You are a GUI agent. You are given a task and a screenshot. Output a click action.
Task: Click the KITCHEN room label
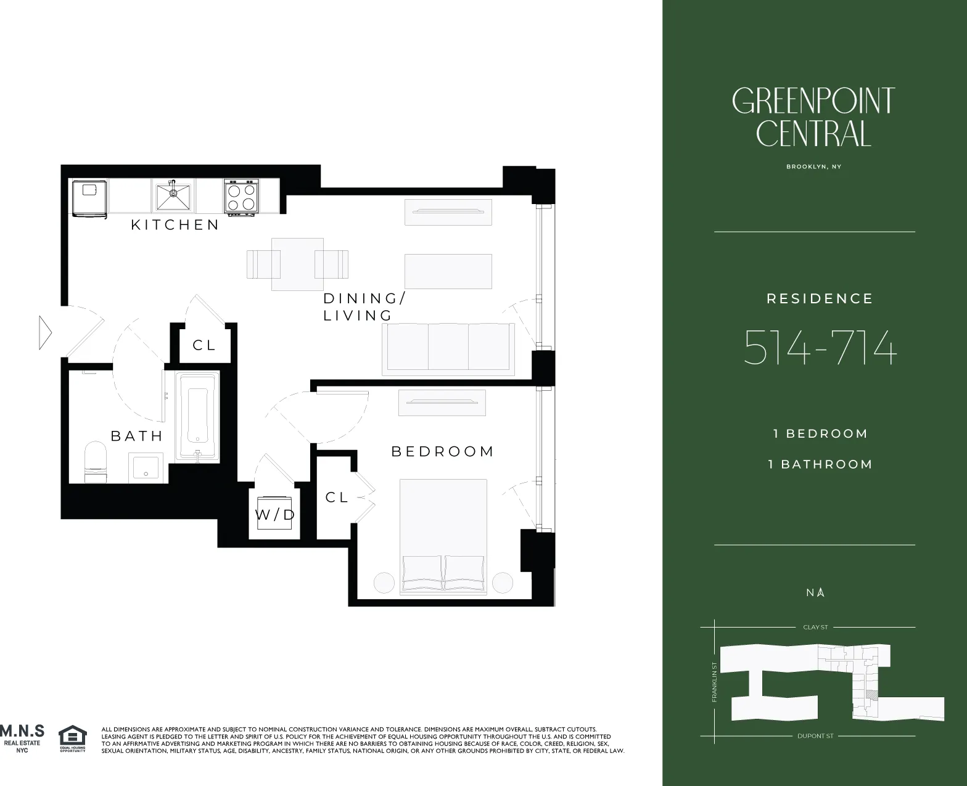(x=175, y=225)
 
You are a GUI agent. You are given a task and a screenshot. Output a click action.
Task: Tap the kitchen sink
(x=173, y=195)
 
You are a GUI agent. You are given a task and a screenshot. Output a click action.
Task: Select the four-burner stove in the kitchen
(x=241, y=197)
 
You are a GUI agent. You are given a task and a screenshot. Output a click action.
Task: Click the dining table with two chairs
(x=297, y=264)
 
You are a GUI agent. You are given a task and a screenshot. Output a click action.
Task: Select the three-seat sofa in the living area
(x=448, y=348)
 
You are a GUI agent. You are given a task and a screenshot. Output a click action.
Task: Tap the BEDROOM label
(x=443, y=451)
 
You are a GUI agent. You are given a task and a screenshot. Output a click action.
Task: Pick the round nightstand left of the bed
(x=384, y=583)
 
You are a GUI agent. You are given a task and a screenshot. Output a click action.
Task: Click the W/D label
(x=276, y=515)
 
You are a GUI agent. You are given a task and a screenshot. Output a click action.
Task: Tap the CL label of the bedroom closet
(x=337, y=497)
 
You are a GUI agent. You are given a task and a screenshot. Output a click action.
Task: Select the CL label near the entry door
(x=204, y=345)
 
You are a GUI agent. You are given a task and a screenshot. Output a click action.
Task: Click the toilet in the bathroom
(x=95, y=461)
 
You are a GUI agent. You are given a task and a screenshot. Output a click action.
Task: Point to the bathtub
(x=198, y=416)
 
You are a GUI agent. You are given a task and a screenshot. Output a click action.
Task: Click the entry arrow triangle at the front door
(x=45, y=333)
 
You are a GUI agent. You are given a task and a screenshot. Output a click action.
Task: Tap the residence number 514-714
(x=820, y=348)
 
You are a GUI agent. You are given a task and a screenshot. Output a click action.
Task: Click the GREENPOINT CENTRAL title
(x=813, y=117)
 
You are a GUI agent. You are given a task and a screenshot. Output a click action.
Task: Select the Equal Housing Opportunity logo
(x=73, y=738)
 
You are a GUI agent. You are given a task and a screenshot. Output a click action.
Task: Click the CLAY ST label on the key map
(x=815, y=627)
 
